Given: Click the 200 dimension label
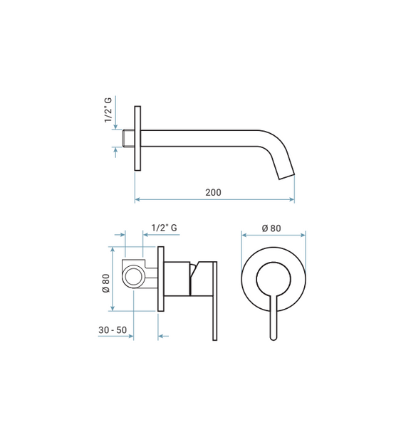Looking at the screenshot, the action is (x=213, y=193).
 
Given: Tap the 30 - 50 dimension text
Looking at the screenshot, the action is (x=113, y=330).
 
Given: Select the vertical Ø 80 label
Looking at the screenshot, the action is (x=106, y=283).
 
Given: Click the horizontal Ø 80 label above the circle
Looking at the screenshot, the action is (x=271, y=228).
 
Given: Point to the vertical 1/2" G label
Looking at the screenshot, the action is (x=108, y=110).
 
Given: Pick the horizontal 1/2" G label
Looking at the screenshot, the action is (x=164, y=228).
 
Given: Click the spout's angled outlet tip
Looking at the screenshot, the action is (x=286, y=176).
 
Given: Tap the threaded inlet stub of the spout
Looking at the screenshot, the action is (x=128, y=139).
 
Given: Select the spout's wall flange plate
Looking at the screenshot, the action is (x=137, y=138).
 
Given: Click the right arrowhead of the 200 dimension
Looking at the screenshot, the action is (x=292, y=199).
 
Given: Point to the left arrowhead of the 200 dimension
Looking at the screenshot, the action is (x=137, y=199).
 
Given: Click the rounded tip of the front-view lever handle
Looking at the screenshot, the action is (x=274, y=337).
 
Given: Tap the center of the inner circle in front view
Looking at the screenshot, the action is (x=274, y=279).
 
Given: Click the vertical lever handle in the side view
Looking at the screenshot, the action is (x=215, y=301).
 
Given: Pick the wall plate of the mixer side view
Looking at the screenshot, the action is (x=161, y=279).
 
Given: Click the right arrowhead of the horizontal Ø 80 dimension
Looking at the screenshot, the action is (x=303, y=235).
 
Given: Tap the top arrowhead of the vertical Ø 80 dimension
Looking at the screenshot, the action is (x=113, y=250).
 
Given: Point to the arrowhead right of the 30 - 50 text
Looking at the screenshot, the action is (x=130, y=336).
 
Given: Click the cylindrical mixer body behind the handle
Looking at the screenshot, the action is (x=177, y=279).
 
